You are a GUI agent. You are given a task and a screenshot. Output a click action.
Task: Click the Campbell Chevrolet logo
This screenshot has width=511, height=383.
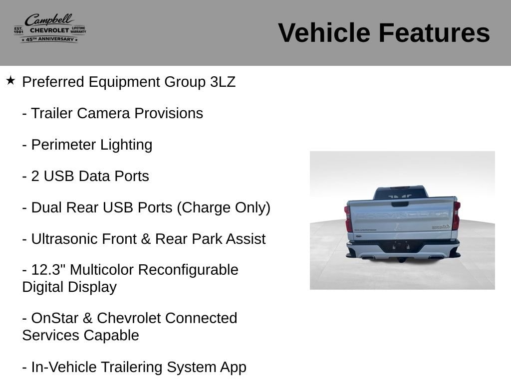50,28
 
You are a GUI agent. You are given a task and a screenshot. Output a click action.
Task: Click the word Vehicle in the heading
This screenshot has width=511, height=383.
324,33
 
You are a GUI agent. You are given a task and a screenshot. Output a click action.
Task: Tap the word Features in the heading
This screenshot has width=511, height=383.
434,33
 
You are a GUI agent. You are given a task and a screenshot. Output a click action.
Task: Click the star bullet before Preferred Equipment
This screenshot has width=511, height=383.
10,80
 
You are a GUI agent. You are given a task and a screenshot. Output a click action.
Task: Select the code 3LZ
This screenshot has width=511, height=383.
223,82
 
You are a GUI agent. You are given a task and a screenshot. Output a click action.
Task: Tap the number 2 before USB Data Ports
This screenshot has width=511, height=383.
35,176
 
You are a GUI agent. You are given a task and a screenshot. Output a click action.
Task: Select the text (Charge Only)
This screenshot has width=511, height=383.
224,208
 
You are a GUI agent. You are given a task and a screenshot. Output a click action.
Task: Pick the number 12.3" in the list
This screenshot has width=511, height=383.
48,270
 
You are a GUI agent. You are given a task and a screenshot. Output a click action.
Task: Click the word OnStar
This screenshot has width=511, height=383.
55,318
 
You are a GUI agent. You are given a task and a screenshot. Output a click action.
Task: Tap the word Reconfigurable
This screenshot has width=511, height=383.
188,270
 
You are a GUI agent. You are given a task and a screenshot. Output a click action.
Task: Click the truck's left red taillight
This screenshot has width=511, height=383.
348,218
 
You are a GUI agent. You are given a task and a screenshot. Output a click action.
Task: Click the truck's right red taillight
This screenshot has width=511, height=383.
456,215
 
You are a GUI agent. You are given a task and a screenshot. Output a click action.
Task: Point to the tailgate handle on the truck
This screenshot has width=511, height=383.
400,204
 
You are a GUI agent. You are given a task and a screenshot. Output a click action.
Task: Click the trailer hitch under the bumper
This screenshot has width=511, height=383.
402,260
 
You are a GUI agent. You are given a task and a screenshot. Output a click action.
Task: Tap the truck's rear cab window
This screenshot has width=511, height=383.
400,194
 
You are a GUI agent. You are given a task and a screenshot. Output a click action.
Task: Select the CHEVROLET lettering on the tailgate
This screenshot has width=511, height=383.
401,215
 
